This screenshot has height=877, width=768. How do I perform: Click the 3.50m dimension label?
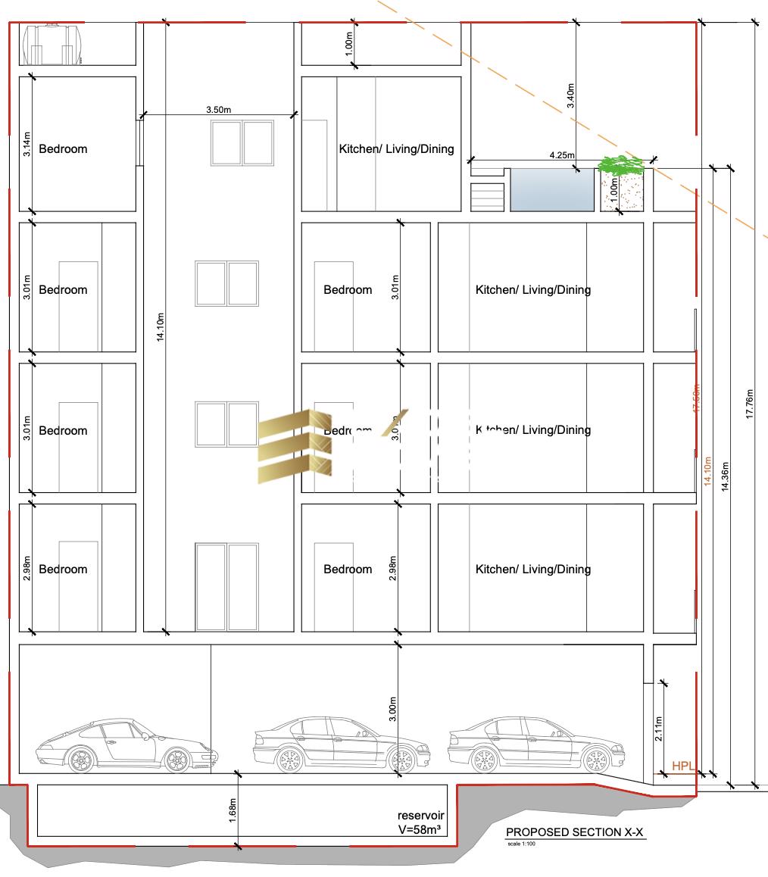tap(218, 110)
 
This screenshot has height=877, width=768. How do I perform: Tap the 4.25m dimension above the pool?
tap(562, 154)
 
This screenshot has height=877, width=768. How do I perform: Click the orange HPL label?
tap(683, 766)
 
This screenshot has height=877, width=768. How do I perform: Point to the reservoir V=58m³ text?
tap(420, 822)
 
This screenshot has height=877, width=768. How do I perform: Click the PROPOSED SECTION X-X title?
tap(575, 832)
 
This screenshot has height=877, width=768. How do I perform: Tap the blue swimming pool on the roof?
tap(551, 189)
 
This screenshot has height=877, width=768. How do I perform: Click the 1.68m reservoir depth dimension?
tap(233, 810)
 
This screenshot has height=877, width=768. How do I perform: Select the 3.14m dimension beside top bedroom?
tap(27, 143)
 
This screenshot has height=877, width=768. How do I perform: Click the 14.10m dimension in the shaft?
tap(160, 326)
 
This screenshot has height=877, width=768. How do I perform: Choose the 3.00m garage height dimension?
tap(393, 710)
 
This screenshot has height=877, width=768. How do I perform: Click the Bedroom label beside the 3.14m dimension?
tap(63, 148)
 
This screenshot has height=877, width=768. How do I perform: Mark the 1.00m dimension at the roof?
tap(348, 45)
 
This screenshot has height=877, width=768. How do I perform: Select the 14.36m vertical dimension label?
tap(726, 476)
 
